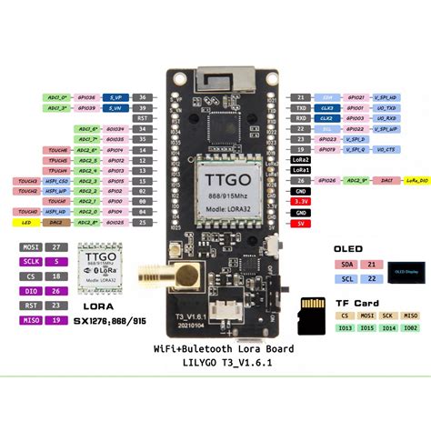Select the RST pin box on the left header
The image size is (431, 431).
[141, 117]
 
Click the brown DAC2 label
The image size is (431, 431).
[79, 221]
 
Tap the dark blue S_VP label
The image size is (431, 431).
[116, 96]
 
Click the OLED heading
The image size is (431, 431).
[349, 246]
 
